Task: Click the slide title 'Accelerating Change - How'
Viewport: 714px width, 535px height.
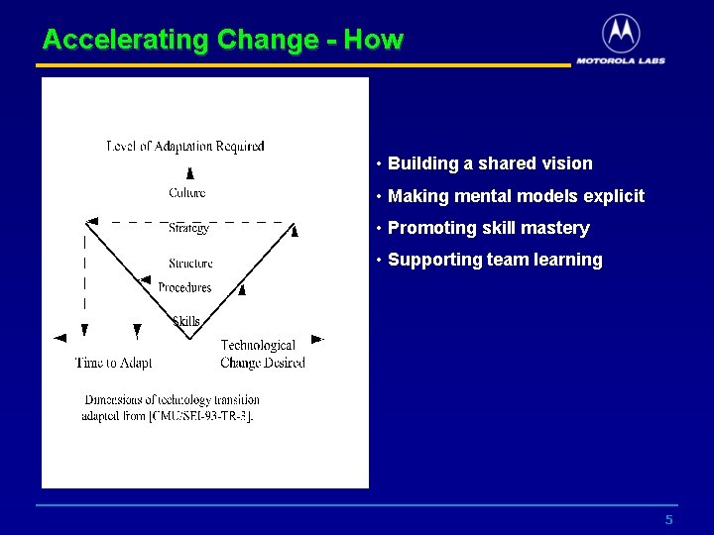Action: pos(223,40)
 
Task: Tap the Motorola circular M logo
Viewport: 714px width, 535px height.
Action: pos(621,34)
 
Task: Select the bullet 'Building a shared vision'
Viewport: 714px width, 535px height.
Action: pos(490,163)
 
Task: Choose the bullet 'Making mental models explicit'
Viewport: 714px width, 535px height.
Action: pos(516,196)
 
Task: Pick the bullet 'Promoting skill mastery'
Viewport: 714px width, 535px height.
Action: pos(488,228)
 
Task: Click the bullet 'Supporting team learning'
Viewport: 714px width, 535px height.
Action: pos(495,260)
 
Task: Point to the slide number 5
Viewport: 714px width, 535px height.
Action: pos(669,520)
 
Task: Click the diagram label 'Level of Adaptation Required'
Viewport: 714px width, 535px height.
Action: pos(185,147)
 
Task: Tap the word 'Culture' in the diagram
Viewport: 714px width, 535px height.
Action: pos(187,192)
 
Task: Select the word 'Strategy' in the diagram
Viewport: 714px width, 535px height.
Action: pos(188,228)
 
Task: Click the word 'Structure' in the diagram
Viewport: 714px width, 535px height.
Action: pos(190,264)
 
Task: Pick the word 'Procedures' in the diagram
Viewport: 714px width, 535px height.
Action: pos(184,287)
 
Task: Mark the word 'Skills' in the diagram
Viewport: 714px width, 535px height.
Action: pos(186,320)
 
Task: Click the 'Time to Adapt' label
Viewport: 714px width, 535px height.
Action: pos(113,363)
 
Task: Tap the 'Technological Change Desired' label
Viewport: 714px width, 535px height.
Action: pos(262,354)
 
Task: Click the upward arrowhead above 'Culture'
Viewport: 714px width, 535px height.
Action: pos(189,172)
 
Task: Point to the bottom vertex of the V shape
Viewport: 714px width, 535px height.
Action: pos(190,338)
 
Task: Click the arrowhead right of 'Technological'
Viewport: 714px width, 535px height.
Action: pos(316,339)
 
